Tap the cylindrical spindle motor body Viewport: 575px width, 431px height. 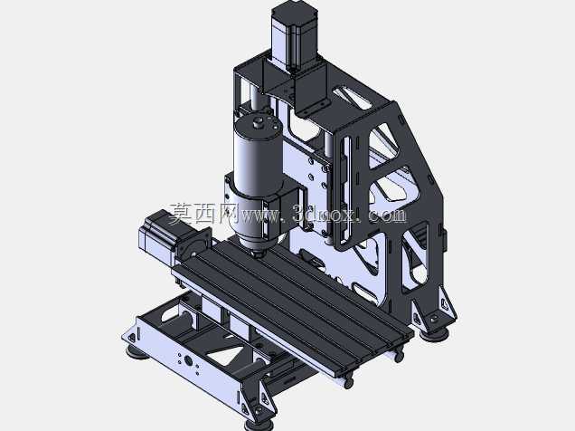[x=258, y=158]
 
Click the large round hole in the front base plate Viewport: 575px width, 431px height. [x=188, y=361]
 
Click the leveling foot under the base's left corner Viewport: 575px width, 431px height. [x=137, y=353]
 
